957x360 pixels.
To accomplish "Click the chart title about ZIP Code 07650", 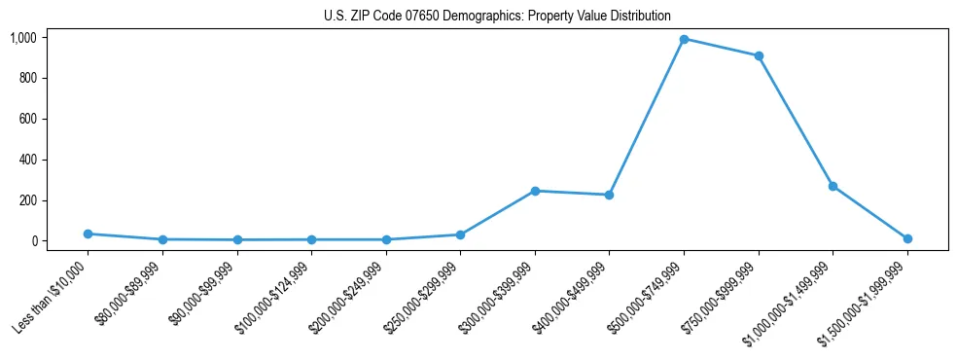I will coord(497,16).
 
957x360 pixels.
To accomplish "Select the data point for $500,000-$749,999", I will coord(684,39).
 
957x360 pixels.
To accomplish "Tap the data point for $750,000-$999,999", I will coord(759,55).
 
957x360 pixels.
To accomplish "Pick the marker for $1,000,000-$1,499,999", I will coord(833,186).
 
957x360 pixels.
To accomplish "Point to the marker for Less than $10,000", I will coord(88,234).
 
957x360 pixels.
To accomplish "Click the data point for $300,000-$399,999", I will coord(535,191).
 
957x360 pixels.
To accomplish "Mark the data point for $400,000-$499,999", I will coord(609,195).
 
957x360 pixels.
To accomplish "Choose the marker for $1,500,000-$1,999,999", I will coord(907,238).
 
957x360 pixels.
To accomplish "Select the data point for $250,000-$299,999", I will coord(460,234).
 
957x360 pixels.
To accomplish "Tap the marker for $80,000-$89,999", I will coord(162,239).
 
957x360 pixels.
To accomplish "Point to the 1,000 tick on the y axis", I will coord(22,38).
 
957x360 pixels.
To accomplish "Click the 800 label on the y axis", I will coord(27,78).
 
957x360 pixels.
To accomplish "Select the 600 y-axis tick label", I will coord(27,119).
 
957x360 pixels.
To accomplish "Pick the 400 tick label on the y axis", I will coord(27,160).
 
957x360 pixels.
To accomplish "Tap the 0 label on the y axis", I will coord(33,241).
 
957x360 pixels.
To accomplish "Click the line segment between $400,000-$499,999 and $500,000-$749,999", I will coord(647,117).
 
